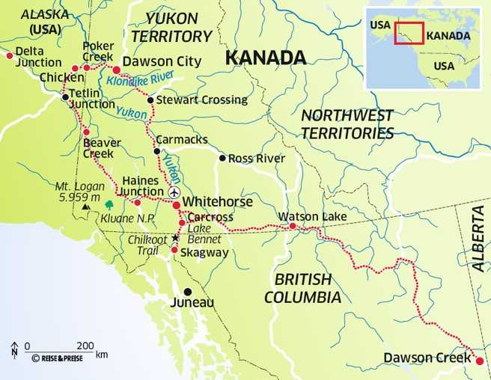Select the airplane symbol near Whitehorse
[x=175, y=192]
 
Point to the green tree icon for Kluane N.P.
[x=109, y=204]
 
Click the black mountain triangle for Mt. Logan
[x=87, y=206]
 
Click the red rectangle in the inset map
[x=409, y=34]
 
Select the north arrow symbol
[x=14, y=349]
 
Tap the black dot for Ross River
[x=222, y=158]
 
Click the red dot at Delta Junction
[x=9, y=55]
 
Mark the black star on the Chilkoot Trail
[x=176, y=237]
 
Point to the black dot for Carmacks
[x=156, y=151]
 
